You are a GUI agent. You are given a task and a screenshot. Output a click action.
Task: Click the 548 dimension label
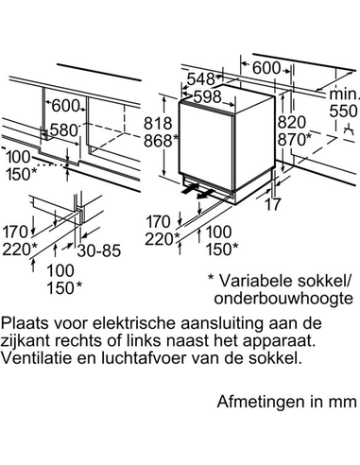[201, 79]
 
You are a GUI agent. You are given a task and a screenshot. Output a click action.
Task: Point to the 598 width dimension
[208, 96]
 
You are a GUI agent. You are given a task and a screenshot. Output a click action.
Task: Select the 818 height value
[158, 123]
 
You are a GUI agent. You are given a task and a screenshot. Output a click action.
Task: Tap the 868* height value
[162, 141]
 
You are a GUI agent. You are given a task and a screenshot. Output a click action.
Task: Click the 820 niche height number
[292, 122]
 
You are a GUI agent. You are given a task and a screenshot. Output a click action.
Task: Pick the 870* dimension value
[295, 139]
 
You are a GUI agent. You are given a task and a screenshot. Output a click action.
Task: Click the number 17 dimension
[272, 204]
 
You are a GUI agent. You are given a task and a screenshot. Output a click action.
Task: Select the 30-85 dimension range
[99, 250]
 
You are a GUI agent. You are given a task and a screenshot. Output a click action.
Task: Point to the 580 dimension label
[64, 129]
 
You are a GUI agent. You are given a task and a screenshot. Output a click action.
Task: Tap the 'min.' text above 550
[343, 94]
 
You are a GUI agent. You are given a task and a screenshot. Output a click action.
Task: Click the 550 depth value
[343, 111]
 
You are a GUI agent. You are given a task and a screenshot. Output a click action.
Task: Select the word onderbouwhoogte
[283, 298]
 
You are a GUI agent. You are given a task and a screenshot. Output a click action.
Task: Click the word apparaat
[271, 341]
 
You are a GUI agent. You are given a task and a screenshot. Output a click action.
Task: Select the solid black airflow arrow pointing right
[190, 189]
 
